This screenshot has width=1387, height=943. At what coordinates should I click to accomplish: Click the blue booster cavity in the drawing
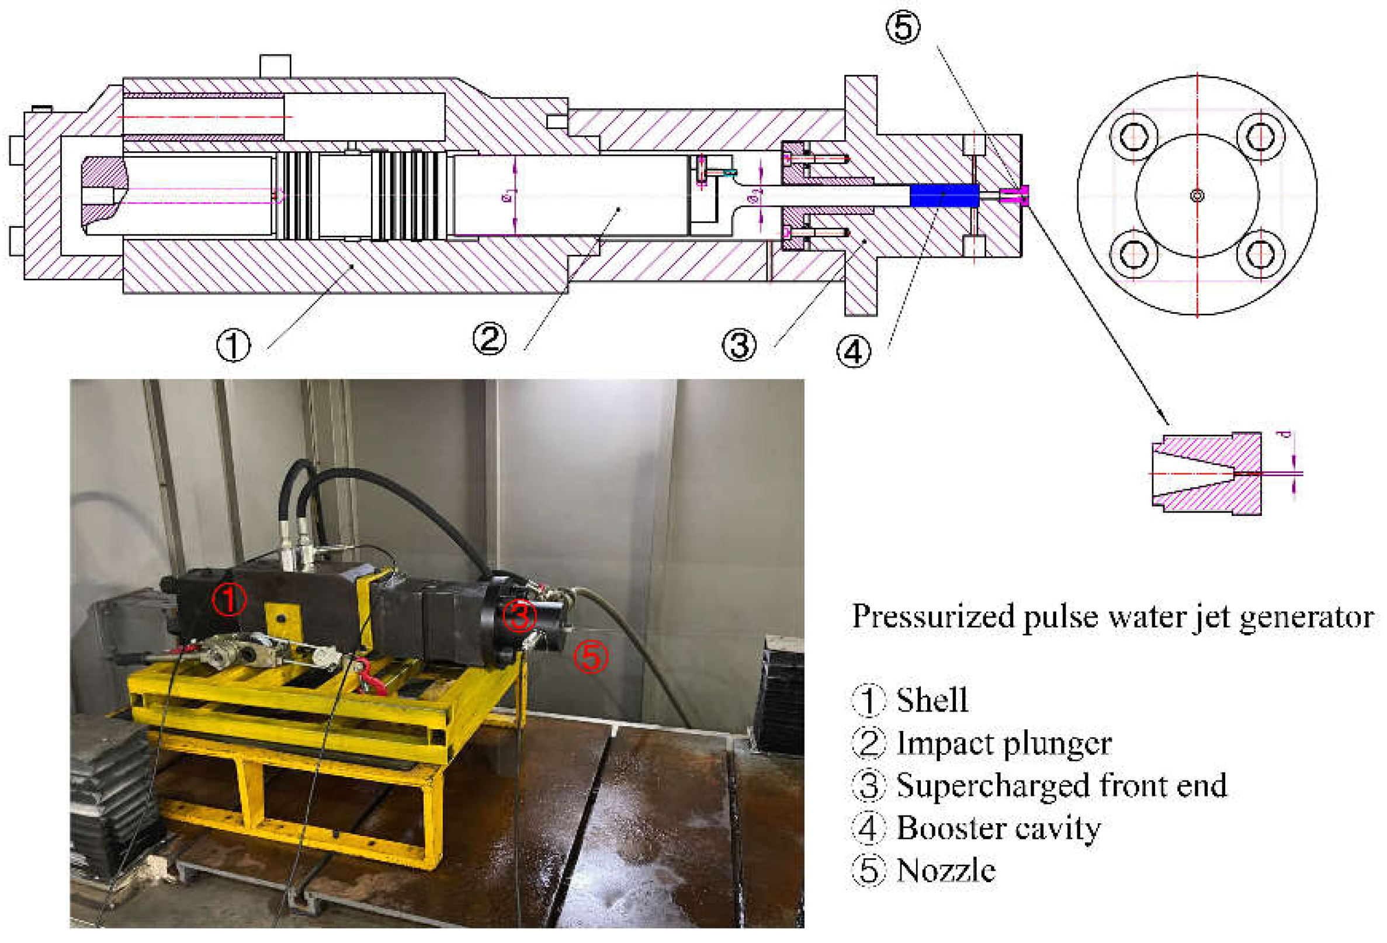coord(944,195)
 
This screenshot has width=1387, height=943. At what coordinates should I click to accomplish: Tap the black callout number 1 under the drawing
coord(233,345)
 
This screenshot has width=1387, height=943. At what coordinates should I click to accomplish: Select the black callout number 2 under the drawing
coord(489,338)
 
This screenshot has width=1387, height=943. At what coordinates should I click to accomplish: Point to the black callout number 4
coord(853,351)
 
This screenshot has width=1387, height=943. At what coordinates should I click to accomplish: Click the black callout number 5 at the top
coord(903,27)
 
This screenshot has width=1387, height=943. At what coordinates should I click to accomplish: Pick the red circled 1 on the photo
coord(229,599)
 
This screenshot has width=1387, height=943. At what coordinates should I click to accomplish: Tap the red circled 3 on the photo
coord(519,615)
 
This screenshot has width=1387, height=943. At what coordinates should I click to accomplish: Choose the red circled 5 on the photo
coord(590,656)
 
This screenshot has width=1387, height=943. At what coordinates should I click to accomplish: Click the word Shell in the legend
coord(932,700)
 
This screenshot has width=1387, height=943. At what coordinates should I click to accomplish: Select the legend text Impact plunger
coord(1004,743)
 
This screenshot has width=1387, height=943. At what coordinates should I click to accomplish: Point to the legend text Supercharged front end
coord(1061,785)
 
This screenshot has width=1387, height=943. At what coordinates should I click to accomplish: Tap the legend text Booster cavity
coord(998,828)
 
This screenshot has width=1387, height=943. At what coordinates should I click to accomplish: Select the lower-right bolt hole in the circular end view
coord(1260,254)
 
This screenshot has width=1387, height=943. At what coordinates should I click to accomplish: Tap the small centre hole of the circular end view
coord(1197,195)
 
